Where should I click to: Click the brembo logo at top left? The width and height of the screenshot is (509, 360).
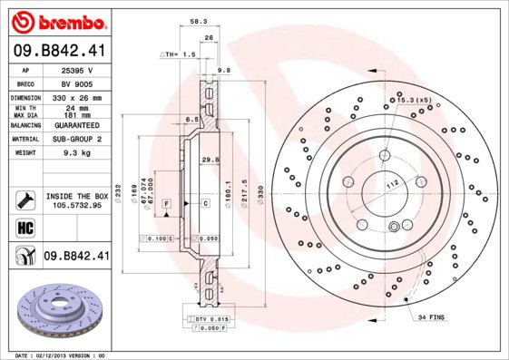coord(57,20)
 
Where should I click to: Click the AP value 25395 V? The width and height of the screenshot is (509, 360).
coord(76,69)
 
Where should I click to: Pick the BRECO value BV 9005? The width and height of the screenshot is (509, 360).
coord(76,83)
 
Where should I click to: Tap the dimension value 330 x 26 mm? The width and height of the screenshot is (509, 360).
coord(76,97)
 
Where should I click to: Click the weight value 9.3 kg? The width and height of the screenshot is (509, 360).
coord(76,154)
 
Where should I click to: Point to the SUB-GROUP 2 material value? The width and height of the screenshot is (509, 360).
coord(76,140)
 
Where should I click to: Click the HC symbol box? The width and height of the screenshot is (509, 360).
coord(25,227)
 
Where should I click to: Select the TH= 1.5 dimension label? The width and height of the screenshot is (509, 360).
coord(179,54)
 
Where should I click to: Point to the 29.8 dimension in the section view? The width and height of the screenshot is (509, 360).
coord(211,160)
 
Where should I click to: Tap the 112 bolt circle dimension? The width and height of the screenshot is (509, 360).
coord(393,186)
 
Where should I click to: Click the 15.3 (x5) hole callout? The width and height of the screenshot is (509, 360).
coord(413,99)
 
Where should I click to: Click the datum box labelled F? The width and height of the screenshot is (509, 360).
coord(167,204)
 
